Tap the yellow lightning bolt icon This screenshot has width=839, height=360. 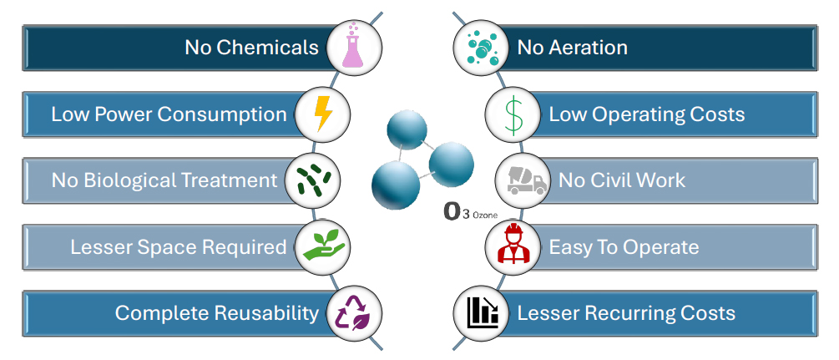[x=323, y=114]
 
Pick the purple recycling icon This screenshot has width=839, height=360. [x=354, y=313]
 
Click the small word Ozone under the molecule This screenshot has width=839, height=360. [x=485, y=215]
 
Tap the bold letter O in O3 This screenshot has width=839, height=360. [x=452, y=211]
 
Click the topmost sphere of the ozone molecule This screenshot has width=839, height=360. [x=407, y=129]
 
